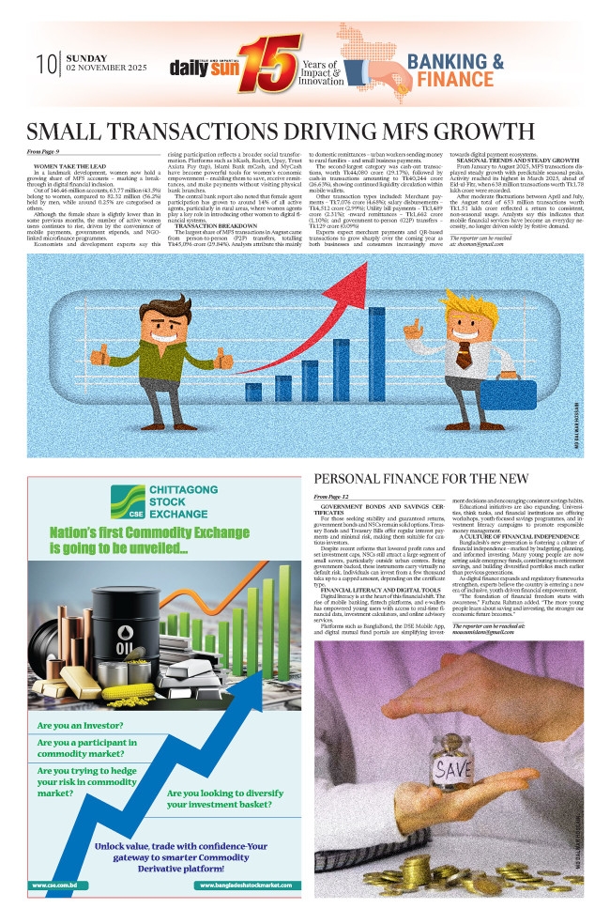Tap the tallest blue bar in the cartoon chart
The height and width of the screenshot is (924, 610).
click(378, 319)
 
